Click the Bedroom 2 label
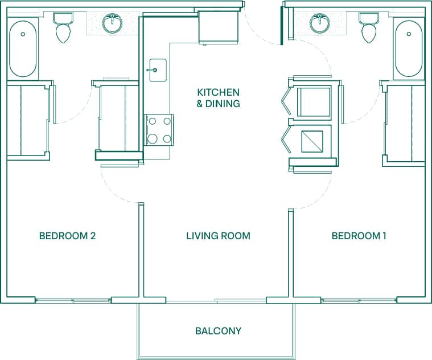(x=67, y=236)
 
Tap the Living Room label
(x=218, y=236)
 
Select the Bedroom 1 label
(x=359, y=236)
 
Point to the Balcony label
(x=218, y=330)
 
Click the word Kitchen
(x=218, y=92)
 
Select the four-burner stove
(x=159, y=129)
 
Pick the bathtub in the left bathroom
(x=23, y=48)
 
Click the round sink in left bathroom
(x=112, y=24)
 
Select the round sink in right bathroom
(x=319, y=24)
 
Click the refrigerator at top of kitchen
(x=217, y=27)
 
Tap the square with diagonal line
(x=311, y=141)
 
